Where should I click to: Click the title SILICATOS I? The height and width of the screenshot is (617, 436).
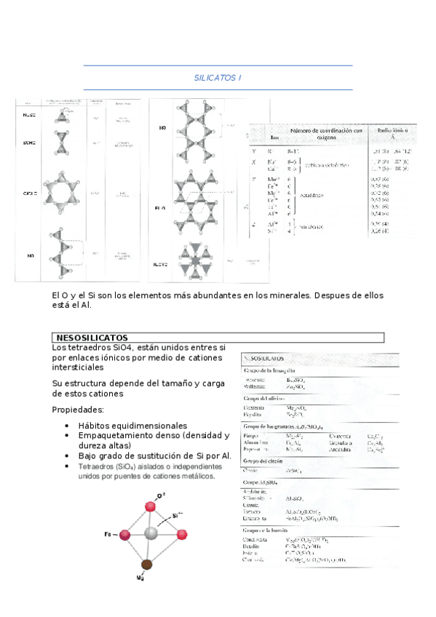pos(218,77)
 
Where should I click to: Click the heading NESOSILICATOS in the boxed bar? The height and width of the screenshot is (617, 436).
pos(92,338)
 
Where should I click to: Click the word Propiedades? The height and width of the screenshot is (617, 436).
pos(78,410)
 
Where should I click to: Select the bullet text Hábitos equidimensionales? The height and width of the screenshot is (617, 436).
pos(132,426)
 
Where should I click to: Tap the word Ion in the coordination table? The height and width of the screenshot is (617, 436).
pos(274,137)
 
